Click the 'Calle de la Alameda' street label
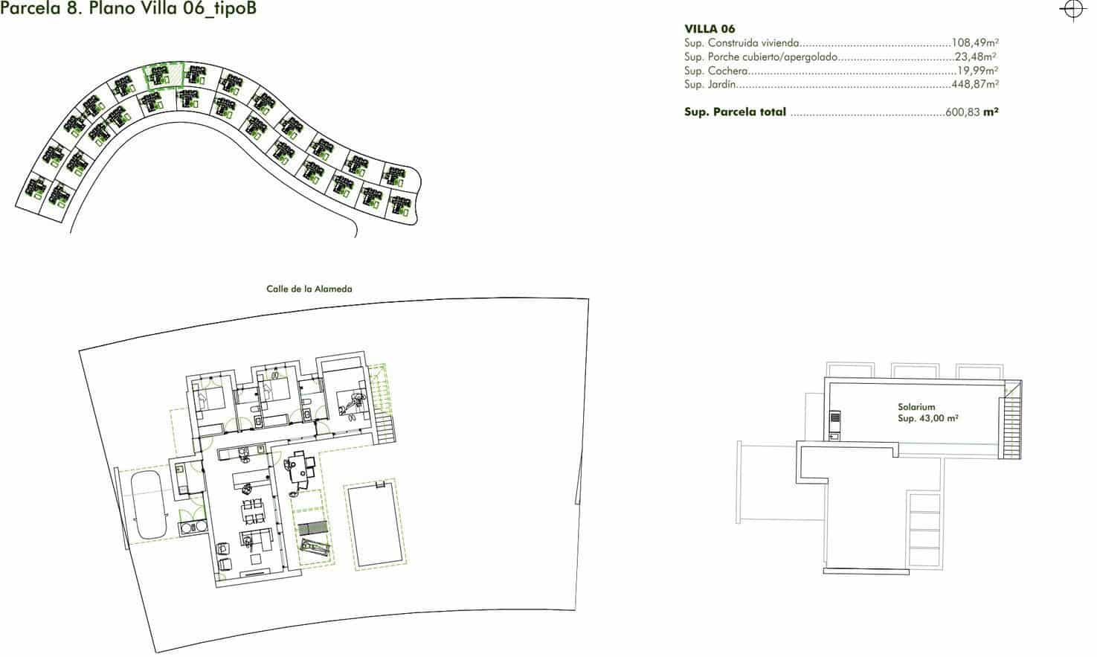(309, 289)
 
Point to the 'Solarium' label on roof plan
(916, 408)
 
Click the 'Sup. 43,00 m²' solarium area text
(927, 418)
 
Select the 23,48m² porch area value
(976, 57)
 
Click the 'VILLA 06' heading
(710, 29)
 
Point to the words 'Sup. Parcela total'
(735, 112)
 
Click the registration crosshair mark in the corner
(1072, 10)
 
